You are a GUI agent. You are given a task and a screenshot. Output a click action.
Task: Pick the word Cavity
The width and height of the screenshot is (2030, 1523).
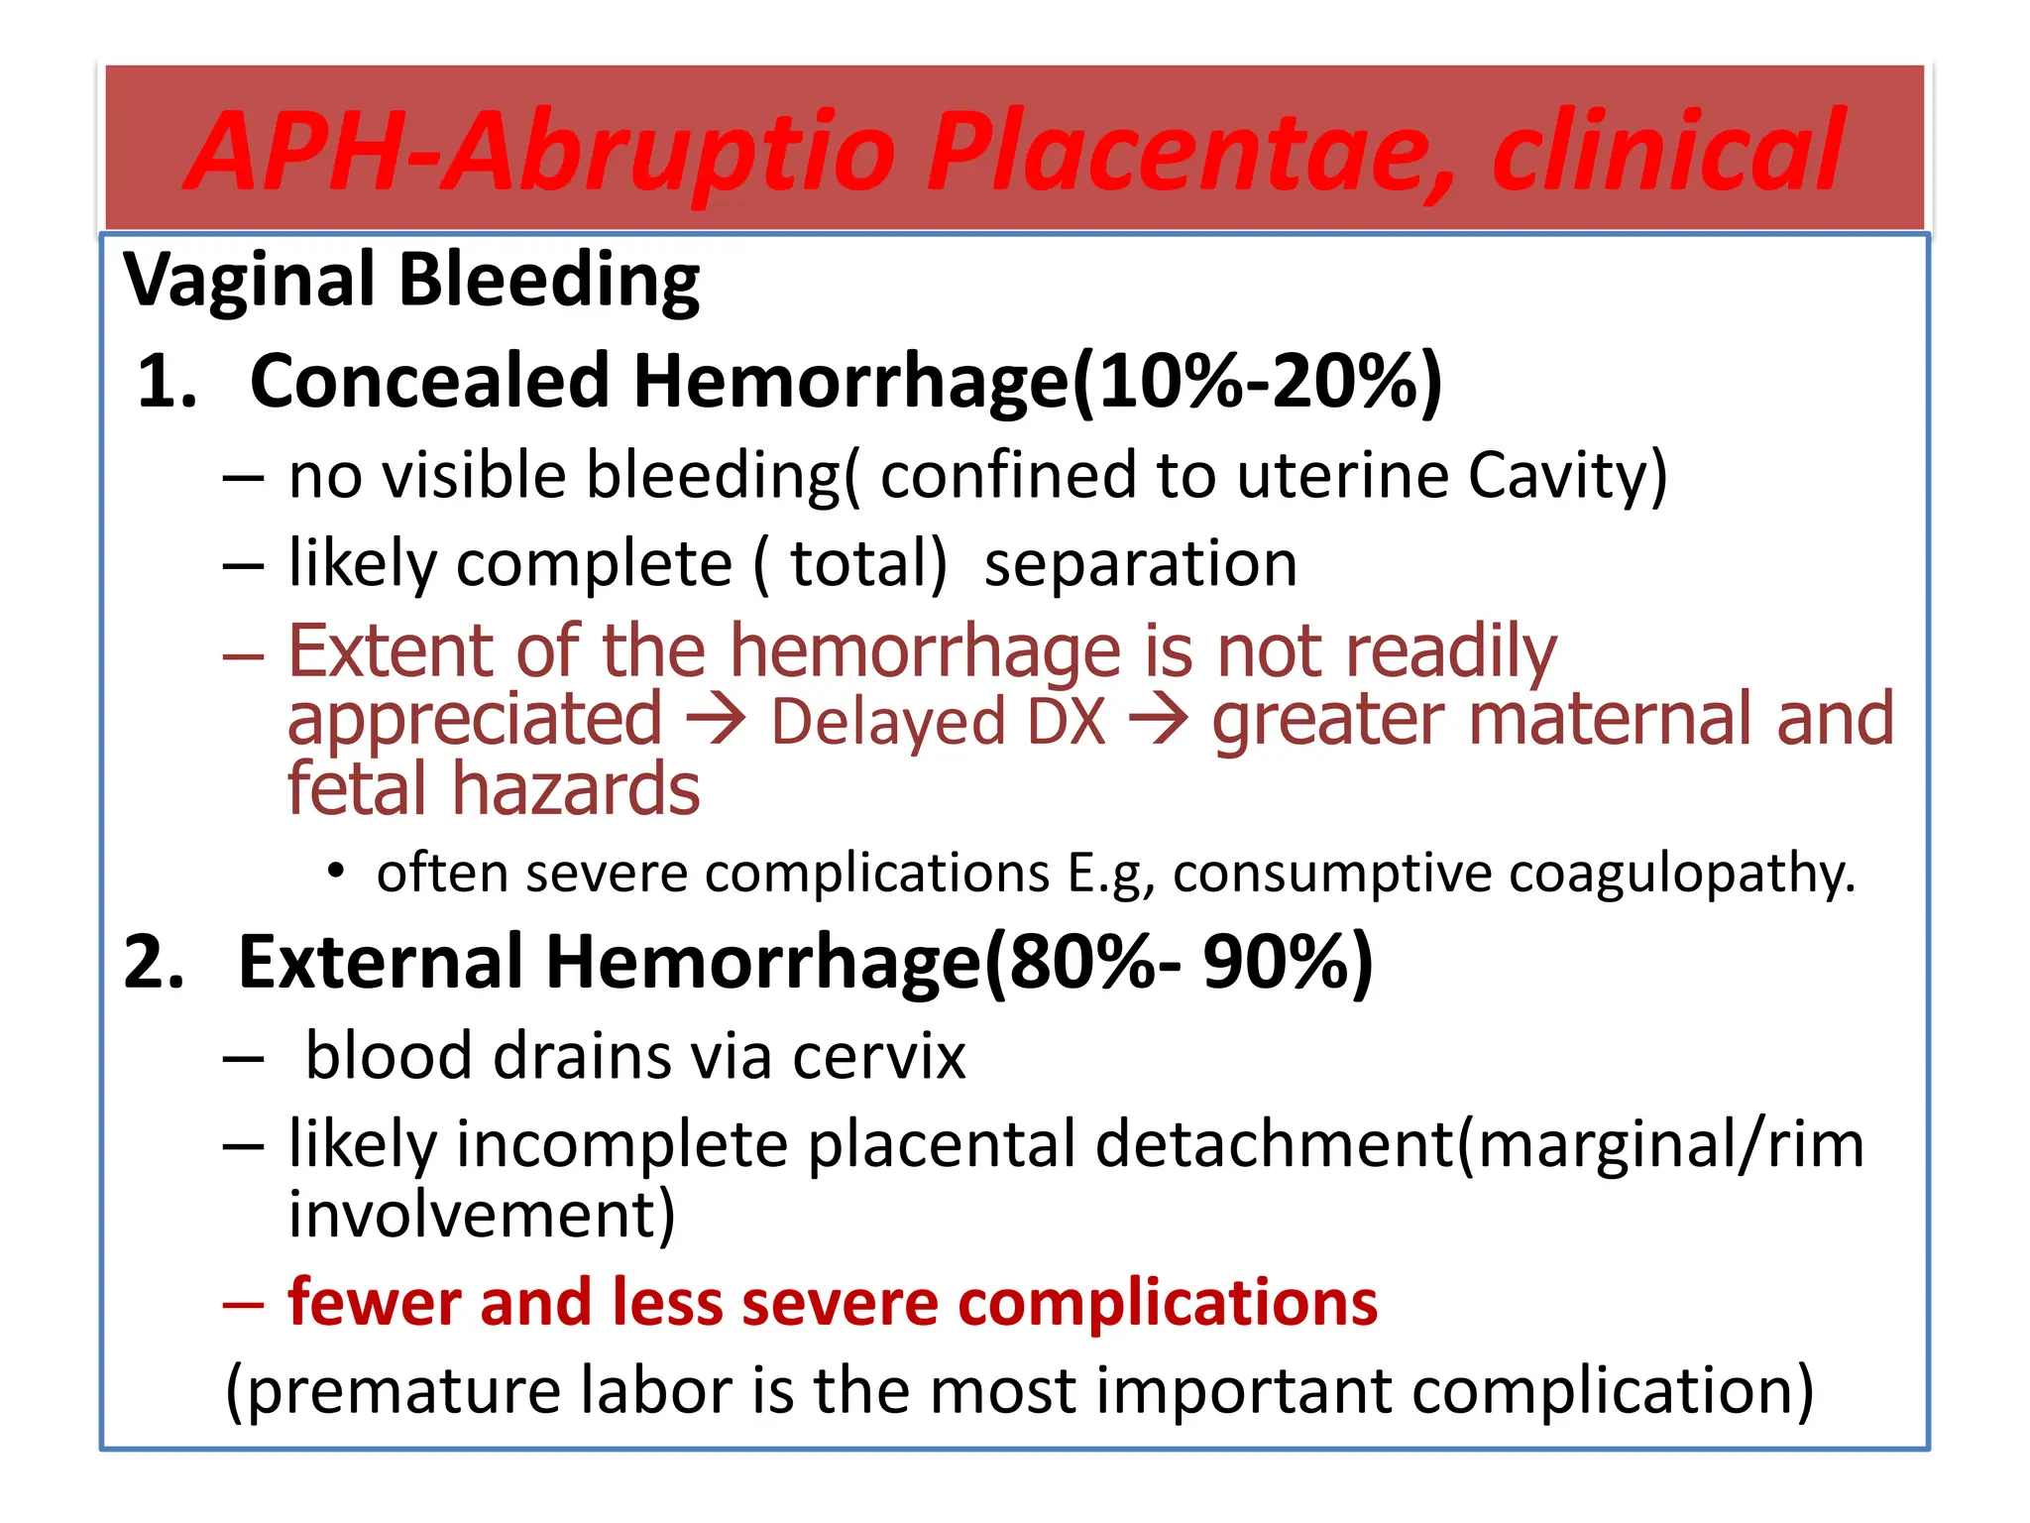(x=1566, y=476)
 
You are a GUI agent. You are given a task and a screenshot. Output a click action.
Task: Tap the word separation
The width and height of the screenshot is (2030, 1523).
(x=1140, y=564)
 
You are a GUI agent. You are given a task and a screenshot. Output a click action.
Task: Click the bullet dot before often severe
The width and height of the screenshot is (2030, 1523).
(x=337, y=873)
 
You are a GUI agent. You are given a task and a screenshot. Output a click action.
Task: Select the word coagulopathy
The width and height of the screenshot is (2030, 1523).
(x=1681, y=875)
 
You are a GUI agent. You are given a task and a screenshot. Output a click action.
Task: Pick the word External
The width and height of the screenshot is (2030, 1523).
(x=381, y=963)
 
